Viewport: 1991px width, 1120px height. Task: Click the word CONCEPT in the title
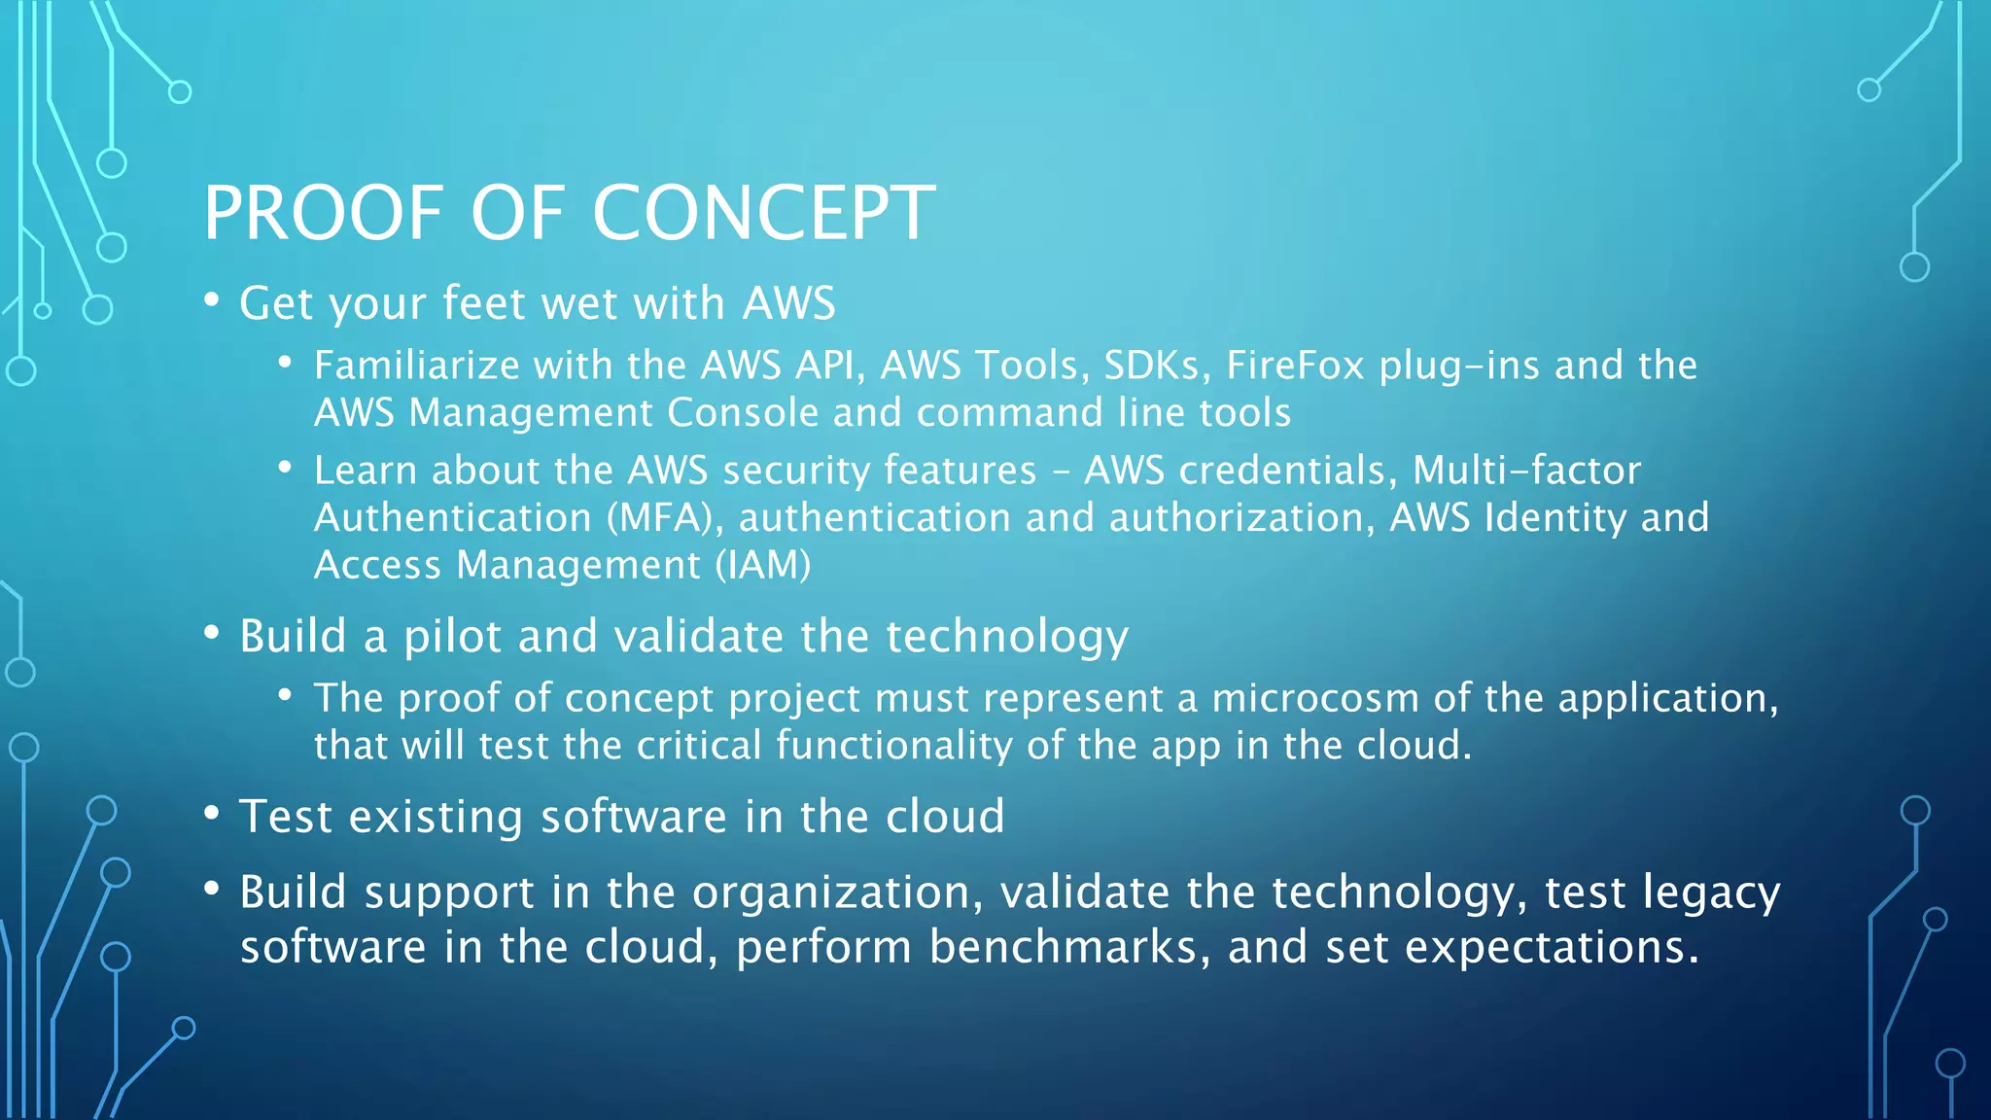763,213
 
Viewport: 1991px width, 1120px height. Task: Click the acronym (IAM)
763,565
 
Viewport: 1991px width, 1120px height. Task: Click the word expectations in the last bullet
1552,947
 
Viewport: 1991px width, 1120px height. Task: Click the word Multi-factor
1526,471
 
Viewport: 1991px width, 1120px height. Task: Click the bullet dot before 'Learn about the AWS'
285,468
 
